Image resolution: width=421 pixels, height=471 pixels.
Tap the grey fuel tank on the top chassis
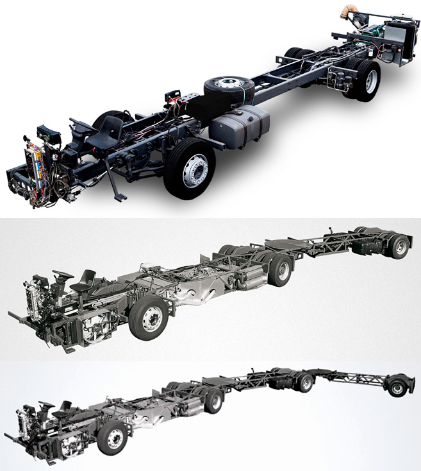coord(238,128)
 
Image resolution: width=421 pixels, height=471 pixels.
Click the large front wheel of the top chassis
coord(189,169)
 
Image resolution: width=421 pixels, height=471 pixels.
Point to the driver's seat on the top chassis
coord(109,132)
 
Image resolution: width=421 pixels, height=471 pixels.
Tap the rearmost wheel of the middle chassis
coord(400,246)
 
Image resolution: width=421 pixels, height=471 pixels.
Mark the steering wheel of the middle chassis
coord(63,277)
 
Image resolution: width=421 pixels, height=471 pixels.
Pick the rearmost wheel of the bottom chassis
coord(397,388)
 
